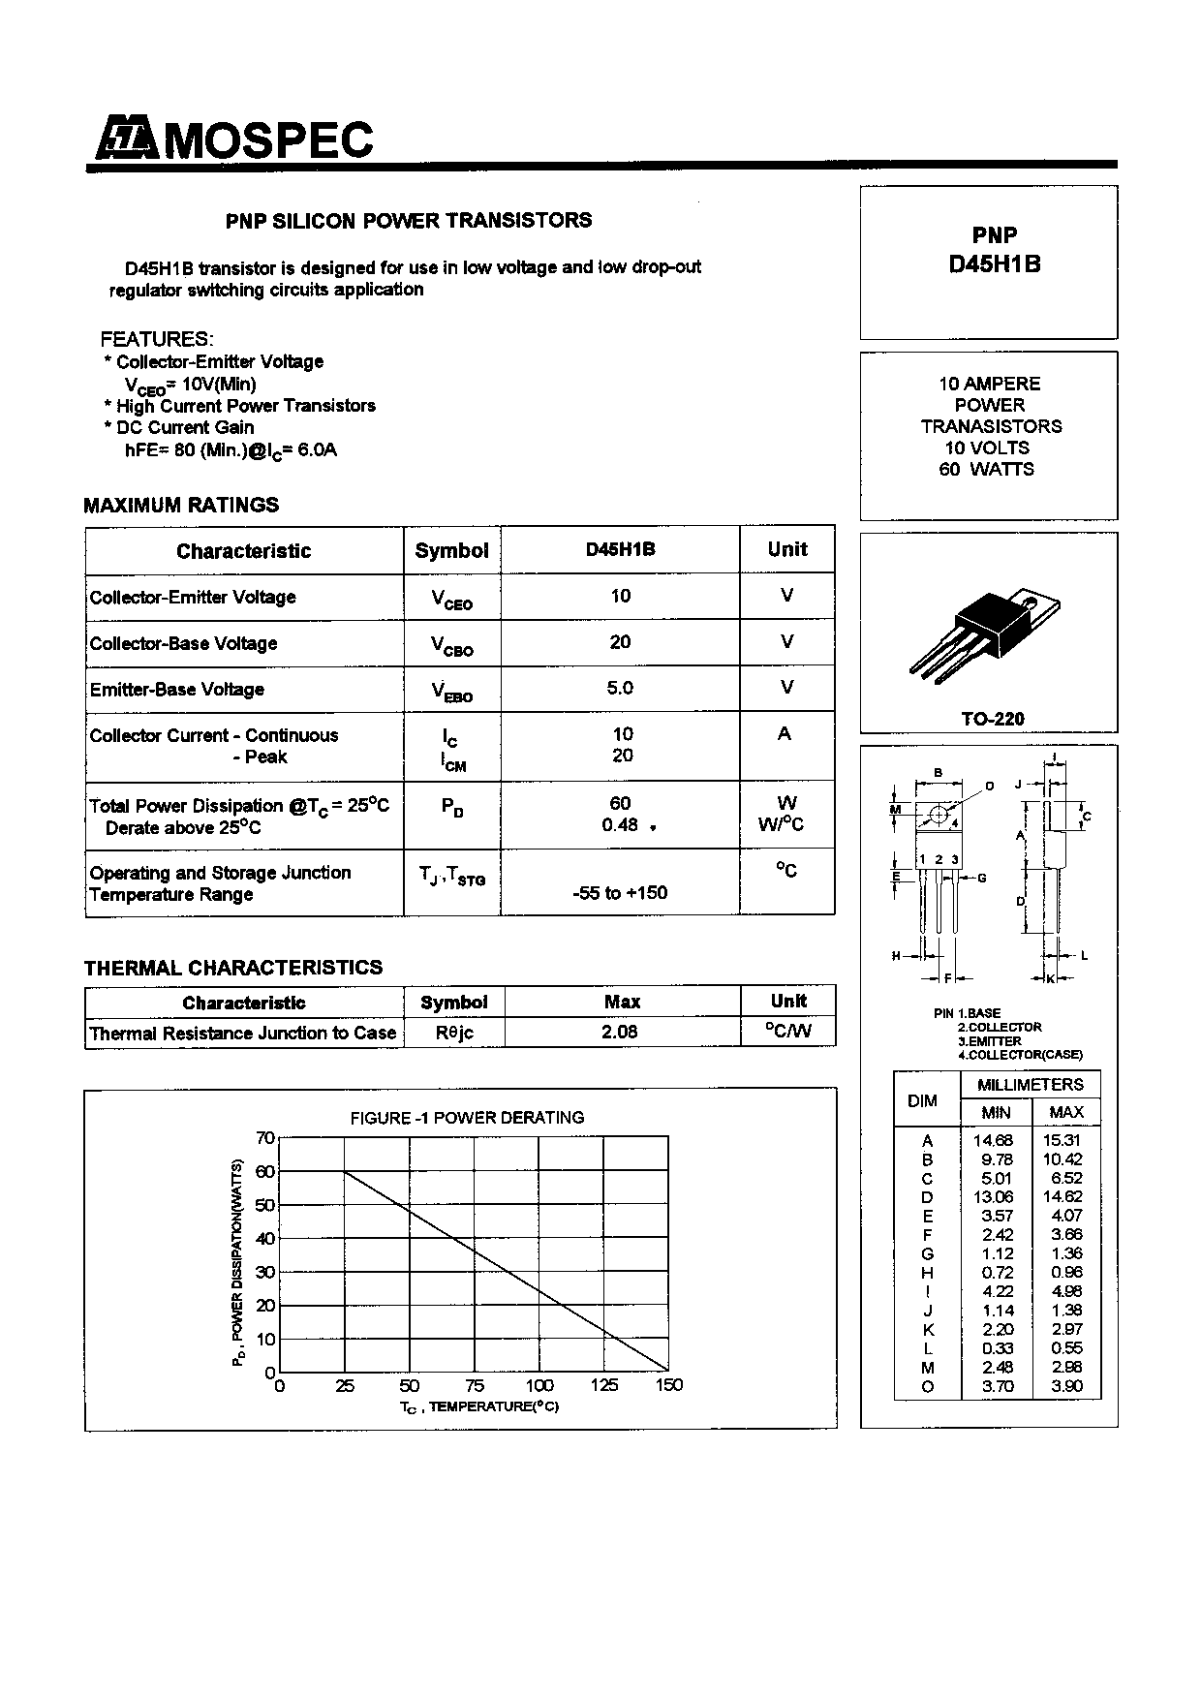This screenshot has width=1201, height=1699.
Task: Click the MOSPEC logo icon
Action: pos(124,140)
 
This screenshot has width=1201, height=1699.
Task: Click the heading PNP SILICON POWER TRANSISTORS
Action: pos(409,221)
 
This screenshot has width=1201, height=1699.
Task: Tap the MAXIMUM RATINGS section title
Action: pos(181,505)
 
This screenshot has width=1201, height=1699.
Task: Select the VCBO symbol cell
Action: pos(452,645)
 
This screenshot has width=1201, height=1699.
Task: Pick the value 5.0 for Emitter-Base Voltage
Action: pos(620,688)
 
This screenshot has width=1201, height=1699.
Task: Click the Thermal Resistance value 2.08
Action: pos(620,1032)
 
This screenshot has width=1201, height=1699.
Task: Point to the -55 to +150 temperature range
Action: pos(620,892)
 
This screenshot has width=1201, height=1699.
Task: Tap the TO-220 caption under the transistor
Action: pos(992,719)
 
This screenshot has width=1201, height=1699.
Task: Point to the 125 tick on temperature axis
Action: pos(603,1385)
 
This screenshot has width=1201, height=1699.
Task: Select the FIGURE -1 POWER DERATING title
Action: pos(467,1118)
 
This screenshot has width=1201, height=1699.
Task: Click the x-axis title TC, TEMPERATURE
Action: pos(479,1406)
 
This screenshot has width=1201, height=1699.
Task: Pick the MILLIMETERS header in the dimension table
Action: pos(1031,1085)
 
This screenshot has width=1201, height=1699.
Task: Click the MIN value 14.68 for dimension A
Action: pos(993,1141)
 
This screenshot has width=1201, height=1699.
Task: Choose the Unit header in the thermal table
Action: pos(788,1002)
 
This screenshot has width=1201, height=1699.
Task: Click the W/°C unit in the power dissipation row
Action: pos(781,825)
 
